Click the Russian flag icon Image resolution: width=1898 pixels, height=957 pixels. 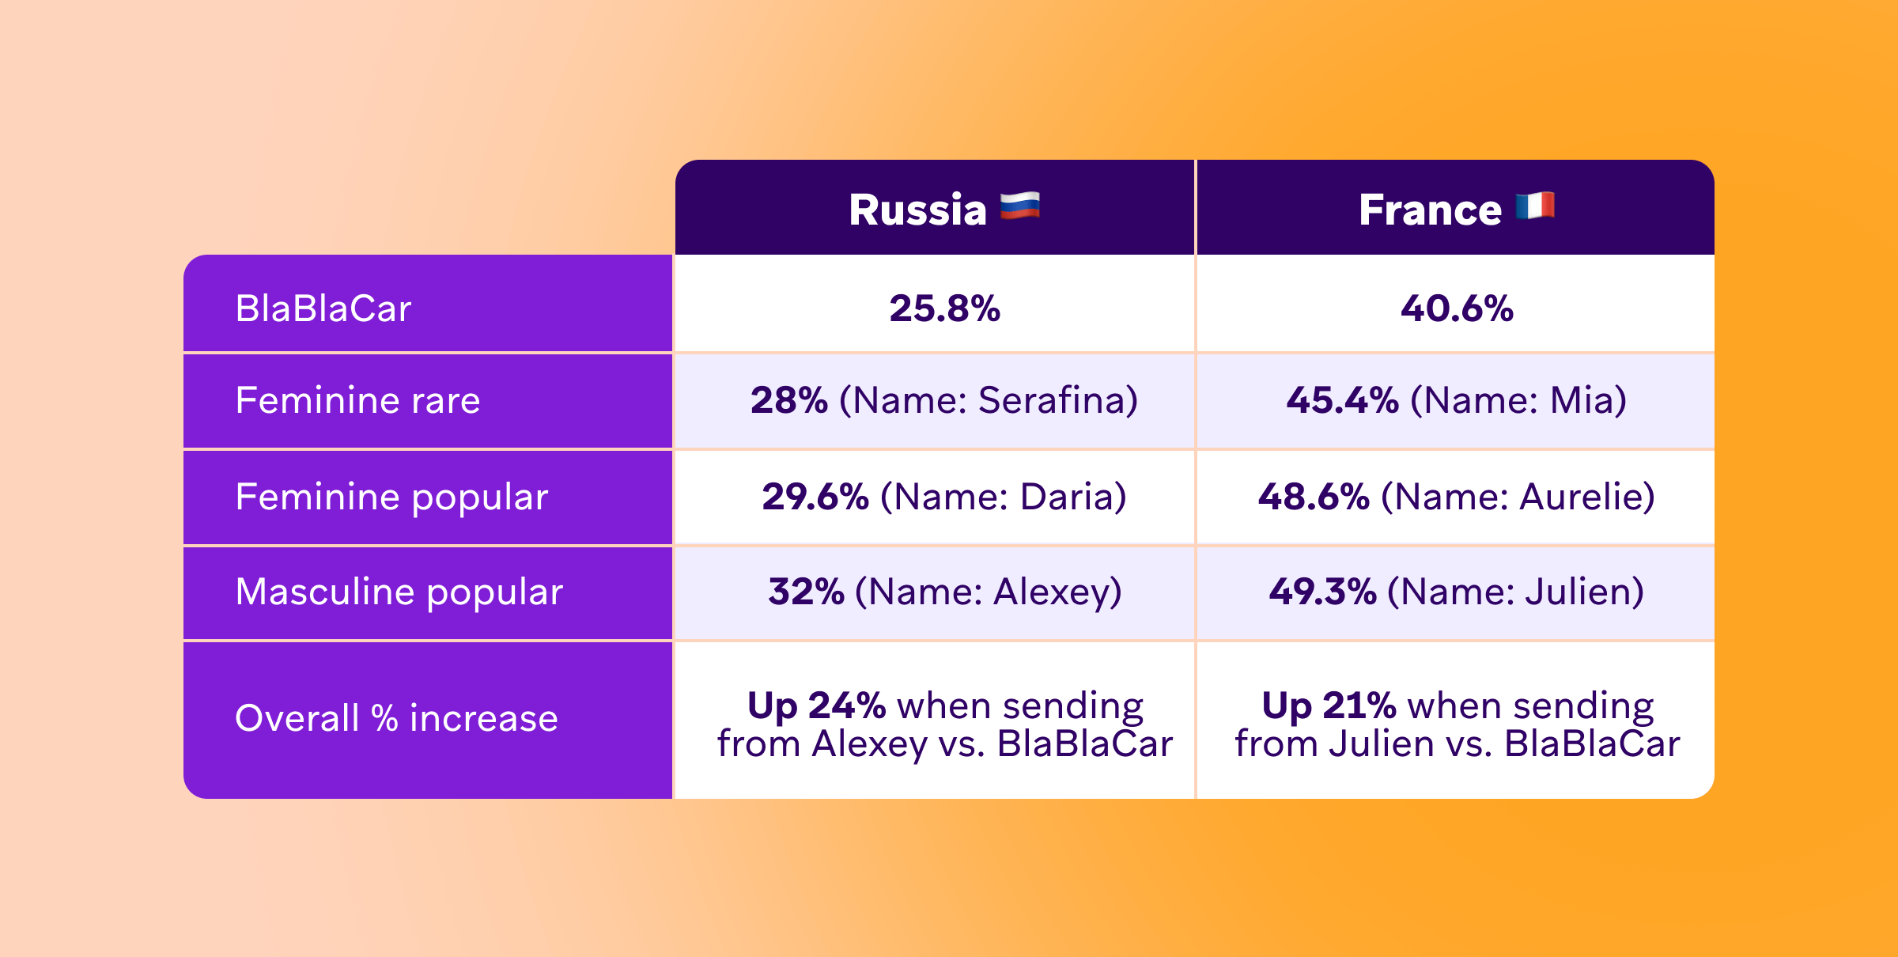(1020, 207)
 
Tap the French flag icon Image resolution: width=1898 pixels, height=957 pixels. (1535, 206)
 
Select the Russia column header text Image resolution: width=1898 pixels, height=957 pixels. (917, 210)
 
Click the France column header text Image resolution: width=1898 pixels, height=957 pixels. (1430, 210)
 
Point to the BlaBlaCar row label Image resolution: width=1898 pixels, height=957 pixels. (323, 308)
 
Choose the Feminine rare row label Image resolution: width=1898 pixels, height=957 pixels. (357, 400)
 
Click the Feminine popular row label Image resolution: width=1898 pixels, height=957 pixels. (391, 497)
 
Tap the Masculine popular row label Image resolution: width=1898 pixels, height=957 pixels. (399, 592)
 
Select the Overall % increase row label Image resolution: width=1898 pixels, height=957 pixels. (396, 718)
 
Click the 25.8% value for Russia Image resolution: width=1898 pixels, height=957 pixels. (944, 308)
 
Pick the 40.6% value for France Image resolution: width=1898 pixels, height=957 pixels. (1457, 308)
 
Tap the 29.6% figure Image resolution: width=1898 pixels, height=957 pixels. (815, 497)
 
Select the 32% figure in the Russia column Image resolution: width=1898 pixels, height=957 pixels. (806, 592)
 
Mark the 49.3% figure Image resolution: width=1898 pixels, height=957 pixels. (1322, 592)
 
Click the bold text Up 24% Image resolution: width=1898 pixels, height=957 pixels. (816, 705)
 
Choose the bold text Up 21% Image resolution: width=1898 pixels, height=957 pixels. (1329, 705)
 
